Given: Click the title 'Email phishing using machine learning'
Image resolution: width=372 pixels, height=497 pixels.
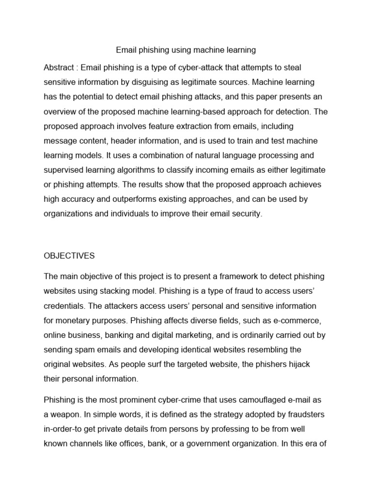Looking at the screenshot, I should tap(186, 50).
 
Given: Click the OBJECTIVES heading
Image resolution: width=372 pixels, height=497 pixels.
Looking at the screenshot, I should tap(69, 255).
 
